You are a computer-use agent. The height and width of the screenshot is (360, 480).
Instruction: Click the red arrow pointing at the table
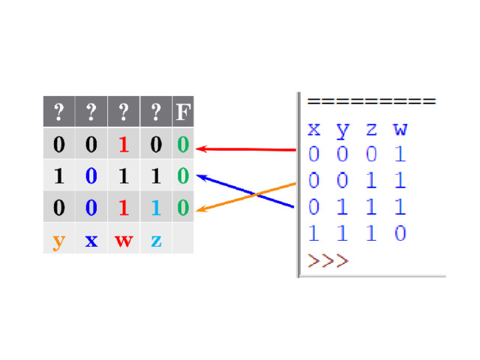(246, 149)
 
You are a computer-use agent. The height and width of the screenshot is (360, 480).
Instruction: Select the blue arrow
(245, 191)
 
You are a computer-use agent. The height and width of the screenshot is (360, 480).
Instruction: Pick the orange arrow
(246, 196)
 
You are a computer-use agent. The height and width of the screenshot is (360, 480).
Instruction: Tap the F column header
(183, 112)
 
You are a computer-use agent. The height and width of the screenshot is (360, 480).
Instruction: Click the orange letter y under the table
(58, 241)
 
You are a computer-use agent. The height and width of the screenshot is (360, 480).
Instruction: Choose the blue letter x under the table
(91, 241)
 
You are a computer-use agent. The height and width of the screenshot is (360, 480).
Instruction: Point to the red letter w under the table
(124, 241)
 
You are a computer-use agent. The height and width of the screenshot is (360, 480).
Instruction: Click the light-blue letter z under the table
(156, 241)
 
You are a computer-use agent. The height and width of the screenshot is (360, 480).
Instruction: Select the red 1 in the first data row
(124, 144)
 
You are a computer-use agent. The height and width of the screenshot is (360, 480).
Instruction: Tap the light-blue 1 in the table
(156, 208)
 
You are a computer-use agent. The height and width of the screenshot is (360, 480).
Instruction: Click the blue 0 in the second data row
(91, 175)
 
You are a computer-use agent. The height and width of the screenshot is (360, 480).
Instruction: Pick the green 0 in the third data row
(183, 208)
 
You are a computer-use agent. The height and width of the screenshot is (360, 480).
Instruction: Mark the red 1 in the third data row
(124, 208)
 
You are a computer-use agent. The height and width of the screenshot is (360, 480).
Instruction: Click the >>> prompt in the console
(328, 261)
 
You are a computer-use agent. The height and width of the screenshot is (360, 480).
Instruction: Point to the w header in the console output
(400, 130)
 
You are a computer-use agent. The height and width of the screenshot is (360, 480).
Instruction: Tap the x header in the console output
(314, 130)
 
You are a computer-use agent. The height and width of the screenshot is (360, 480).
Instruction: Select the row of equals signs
(372, 101)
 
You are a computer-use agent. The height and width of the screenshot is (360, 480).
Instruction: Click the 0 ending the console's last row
(400, 233)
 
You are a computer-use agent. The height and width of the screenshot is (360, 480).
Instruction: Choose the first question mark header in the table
(58, 112)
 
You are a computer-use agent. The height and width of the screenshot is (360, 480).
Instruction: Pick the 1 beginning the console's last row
(313, 233)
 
